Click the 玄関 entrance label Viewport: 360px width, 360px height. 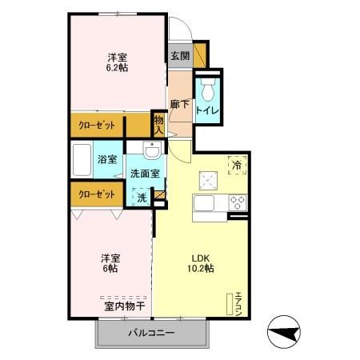coord(180,56)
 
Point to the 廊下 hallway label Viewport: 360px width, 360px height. coord(180,104)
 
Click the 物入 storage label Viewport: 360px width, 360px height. coord(158,124)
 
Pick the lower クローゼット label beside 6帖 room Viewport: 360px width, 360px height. coord(95,193)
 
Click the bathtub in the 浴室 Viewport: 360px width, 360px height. coord(82,161)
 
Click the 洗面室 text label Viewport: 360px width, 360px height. coord(145,172)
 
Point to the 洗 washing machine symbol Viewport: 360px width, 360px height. coord(141,195)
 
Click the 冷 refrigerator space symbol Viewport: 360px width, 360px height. coord(237,164)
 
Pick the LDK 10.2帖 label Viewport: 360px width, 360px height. coord(201,263)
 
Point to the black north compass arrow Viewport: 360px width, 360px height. coord(286,330)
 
